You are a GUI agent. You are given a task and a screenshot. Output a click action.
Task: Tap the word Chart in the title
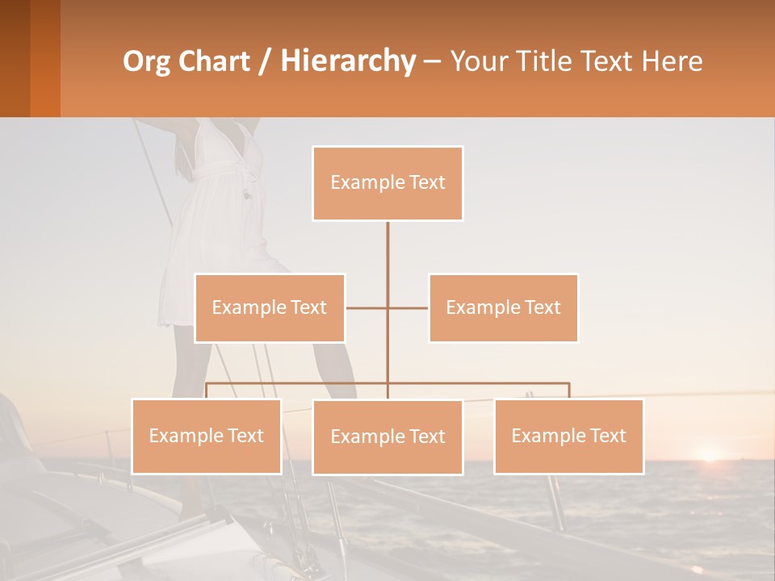point(215,61)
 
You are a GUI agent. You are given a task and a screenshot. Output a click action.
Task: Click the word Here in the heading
point(672,61)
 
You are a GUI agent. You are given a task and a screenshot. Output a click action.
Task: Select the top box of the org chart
point(387,183)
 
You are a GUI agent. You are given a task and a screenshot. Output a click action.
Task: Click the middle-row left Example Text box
point(270,307)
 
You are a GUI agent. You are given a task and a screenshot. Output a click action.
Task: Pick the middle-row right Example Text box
point(503,307)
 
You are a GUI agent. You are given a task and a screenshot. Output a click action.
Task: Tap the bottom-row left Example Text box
point(207,436)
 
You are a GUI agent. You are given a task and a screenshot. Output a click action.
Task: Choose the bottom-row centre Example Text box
point(387,437)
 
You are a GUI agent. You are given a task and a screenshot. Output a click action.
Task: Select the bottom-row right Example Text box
point(569,436)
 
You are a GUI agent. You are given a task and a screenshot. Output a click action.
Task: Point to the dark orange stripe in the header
point(45,58)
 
